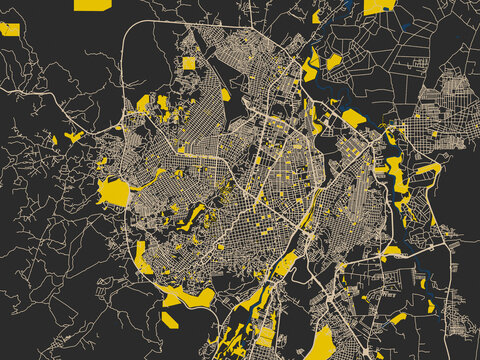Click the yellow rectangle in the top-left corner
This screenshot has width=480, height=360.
10,29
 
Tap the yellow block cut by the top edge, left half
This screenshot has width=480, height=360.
87,5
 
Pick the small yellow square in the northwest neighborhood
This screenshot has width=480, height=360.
189,64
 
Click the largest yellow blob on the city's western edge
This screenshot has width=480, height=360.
114,191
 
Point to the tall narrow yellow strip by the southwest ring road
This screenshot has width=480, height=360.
144,257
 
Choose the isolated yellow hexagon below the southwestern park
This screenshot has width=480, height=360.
170,320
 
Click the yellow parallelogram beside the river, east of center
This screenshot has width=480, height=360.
354,118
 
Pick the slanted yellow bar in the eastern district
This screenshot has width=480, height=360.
428,168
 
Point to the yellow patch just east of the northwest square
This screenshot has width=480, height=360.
225,94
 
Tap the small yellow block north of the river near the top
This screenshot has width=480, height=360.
333,62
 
